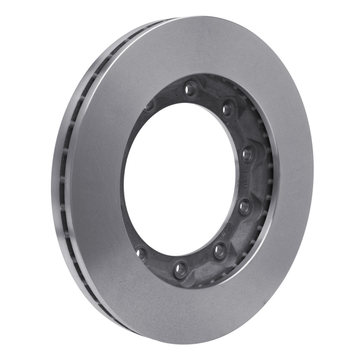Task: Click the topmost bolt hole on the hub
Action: [190, 88]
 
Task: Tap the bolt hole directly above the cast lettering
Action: [247, 154]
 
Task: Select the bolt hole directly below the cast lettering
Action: [244, 207]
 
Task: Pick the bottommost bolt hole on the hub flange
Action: [181, 269]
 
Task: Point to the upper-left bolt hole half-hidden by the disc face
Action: [148, 106]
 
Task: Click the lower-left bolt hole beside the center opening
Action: [142, 253]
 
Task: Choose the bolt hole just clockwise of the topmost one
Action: [227, 108]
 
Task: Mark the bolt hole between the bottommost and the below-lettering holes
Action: [220, 250]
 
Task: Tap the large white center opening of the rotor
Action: [180, 180]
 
